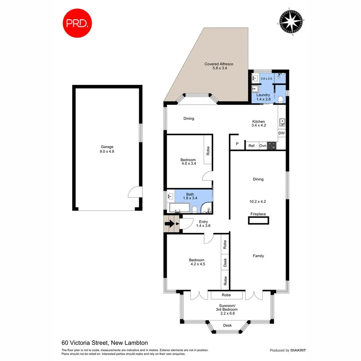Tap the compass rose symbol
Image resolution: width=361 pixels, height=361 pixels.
click(290, 20)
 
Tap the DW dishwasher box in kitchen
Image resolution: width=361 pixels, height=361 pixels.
click(281, 133)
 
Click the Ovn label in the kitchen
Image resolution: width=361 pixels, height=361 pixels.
click(263, 146)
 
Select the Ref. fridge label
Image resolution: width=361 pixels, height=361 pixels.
click(252, 146)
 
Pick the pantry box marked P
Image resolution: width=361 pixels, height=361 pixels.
click(237, 144)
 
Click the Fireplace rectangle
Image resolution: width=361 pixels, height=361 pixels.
click(258, 220)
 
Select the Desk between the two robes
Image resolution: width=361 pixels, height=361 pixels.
click(225, 263)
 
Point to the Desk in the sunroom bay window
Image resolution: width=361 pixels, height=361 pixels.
click(227, 325)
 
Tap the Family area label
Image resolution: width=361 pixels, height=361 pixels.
click(258, 256)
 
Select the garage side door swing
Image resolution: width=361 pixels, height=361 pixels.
click(133, 193)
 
